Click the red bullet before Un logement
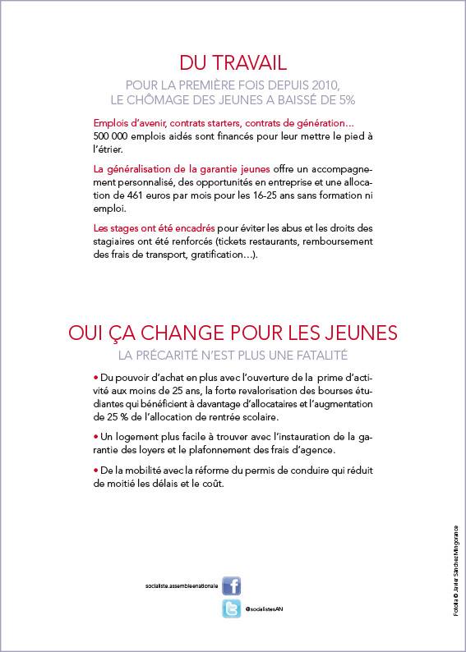(96, 437)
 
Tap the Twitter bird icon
(232, 609)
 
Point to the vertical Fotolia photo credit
(455, 573)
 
